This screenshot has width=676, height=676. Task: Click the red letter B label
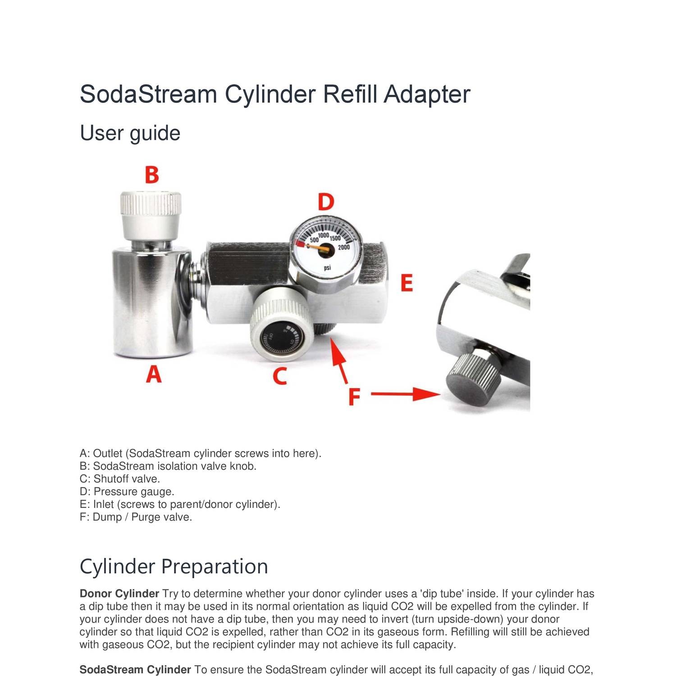152,175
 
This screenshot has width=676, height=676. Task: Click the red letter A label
154,374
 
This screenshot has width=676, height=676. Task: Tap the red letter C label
280,376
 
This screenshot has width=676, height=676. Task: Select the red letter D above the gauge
326,202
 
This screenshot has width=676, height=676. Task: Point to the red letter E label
407,284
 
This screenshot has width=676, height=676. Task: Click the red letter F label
355,397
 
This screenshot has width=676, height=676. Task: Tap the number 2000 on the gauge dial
344,247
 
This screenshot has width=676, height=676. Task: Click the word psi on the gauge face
327,268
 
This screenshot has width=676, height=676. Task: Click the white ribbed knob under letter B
151,210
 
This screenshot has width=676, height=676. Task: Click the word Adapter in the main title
427,94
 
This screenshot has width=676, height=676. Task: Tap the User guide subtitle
130,133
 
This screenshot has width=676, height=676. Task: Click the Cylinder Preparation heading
174,566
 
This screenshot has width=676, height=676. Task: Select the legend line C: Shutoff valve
120,479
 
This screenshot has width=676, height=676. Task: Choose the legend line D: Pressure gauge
127,491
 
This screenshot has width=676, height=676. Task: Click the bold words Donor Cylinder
119,594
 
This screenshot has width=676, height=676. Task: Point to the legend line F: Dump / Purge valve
136,517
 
